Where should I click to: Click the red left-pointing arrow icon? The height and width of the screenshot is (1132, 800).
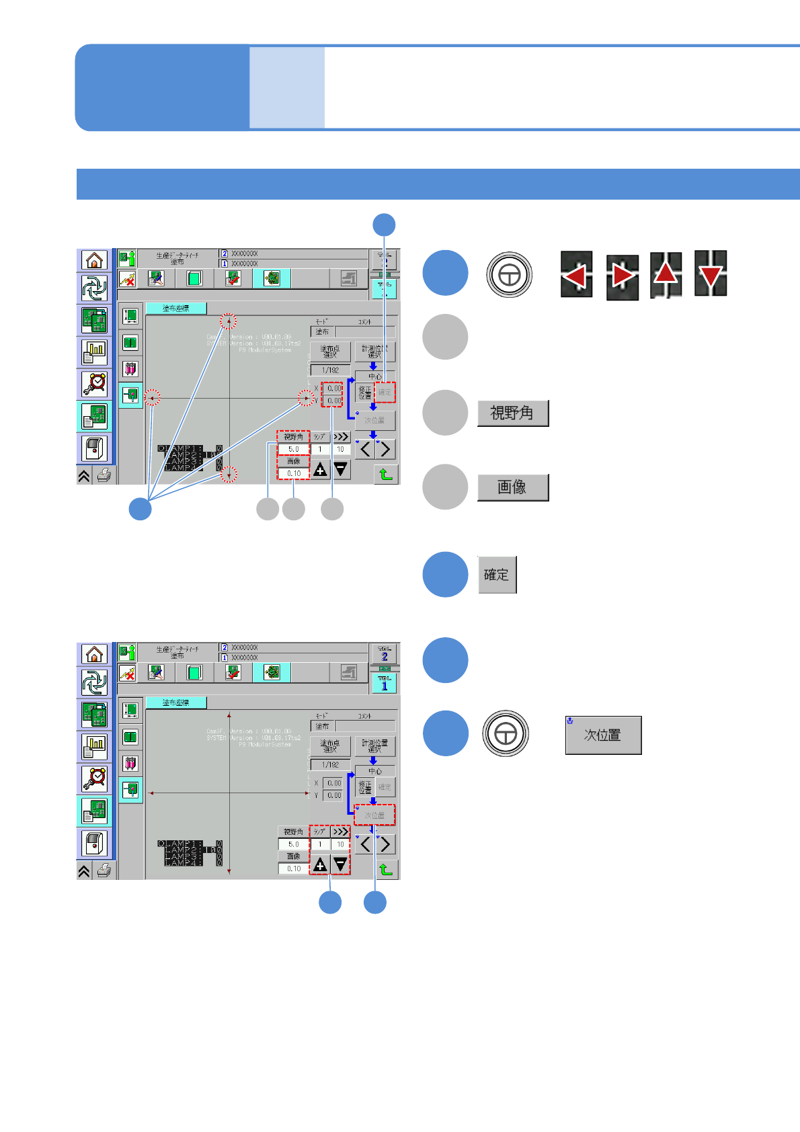pos(576,275)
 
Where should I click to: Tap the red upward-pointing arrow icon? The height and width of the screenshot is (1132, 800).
pos(666,274)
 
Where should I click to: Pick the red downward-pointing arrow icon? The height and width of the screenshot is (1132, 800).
pos(711,274)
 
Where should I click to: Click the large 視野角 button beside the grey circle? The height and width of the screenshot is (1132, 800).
pos(513,413)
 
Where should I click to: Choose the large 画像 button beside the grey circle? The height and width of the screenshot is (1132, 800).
pos(513,487)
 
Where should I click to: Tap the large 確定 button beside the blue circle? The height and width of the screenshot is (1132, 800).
pos(497,575)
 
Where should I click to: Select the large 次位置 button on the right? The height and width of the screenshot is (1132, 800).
pos(603,735)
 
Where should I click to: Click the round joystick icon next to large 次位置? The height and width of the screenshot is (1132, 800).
pos(506,733)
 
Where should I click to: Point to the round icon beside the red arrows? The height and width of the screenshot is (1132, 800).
pos(509,274)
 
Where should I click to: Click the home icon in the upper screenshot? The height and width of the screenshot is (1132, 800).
pos(95,260)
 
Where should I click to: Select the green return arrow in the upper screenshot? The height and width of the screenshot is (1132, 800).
pos(386,474)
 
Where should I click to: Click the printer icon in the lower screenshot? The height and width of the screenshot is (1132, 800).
pos(104,871)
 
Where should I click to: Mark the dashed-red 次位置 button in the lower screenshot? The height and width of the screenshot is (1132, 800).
pos(374,815)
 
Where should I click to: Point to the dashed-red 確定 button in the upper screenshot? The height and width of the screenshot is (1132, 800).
pos(385,392)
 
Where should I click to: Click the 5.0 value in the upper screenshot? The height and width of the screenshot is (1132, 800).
pos(294,449)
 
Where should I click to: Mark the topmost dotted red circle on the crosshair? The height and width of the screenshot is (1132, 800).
pos(229,321)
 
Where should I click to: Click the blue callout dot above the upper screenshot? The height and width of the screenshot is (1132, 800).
pos(384,225)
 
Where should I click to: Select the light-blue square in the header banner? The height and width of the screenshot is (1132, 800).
pos(287,87)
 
